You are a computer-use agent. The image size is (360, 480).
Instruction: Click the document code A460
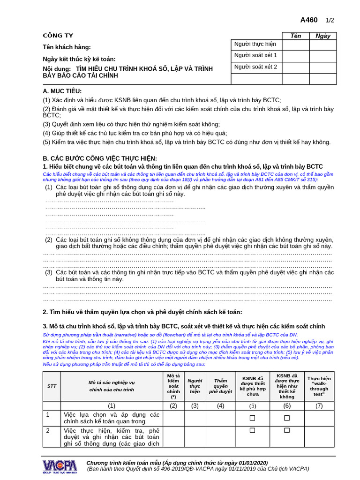coord(309,20)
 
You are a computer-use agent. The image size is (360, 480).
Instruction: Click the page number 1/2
coord(330,20)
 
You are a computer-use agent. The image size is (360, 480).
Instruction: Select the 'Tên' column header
coord(296,36)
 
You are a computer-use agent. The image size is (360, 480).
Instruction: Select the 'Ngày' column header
coord(323,36)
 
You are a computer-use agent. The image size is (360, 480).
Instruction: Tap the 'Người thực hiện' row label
coord(255,44)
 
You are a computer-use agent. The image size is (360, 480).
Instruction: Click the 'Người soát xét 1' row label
coord(255,55)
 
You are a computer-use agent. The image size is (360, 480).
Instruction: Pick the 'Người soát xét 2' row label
coord(255,67)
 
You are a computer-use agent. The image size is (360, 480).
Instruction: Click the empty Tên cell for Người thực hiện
coord(296,45)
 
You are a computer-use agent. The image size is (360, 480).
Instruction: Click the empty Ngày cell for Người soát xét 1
coord(323,56)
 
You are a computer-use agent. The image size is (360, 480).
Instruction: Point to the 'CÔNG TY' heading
coord(58,36)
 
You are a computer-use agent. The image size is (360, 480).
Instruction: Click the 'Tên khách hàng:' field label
coord(67,47)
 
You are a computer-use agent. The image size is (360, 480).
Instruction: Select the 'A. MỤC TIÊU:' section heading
coord(62,91)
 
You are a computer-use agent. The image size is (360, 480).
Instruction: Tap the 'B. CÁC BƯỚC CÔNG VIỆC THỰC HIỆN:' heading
coord(100,158)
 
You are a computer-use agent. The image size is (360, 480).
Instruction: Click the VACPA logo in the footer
coord(60,465)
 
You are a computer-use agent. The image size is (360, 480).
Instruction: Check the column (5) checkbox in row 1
coord(252,418)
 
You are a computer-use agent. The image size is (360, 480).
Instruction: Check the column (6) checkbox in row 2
coord(287,430)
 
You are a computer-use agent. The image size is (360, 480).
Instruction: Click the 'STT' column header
coord(52,386)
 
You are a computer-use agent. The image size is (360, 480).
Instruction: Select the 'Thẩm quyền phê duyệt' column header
coord(220,386)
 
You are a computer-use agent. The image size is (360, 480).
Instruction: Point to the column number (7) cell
coord(319,405)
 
